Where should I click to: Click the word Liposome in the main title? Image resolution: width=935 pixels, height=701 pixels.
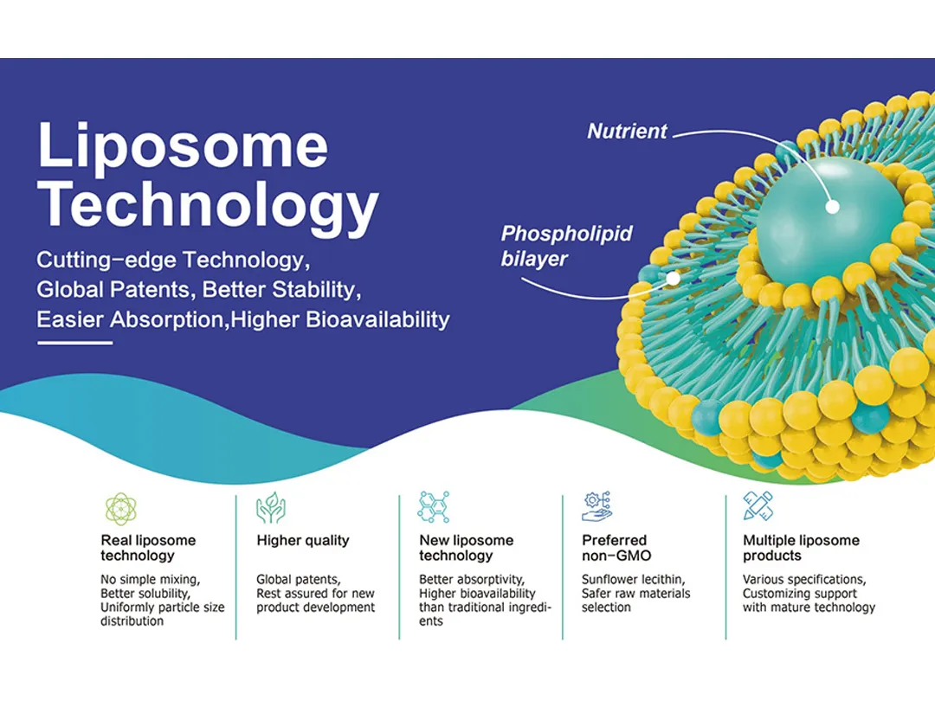183,146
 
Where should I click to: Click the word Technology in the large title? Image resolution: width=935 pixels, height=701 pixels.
208,206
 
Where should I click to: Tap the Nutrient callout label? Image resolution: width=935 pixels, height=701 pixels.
627,132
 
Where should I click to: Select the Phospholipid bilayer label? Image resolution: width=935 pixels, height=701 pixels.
566,246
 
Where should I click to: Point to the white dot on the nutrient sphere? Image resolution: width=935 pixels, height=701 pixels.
833,207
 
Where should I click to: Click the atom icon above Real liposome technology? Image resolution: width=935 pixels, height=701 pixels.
121,509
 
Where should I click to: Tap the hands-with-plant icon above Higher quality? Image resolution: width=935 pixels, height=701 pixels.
271,508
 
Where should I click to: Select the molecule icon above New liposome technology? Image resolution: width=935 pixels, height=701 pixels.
433,507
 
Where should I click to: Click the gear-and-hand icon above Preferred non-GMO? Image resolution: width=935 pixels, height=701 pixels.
596,506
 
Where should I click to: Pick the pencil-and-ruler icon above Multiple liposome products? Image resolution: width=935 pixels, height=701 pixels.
758,506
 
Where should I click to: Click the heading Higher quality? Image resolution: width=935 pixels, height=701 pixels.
303,541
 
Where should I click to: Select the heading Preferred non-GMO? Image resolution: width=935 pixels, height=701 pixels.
616,548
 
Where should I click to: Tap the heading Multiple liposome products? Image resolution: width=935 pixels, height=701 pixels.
801,548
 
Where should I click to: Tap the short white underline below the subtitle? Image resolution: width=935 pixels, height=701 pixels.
74,343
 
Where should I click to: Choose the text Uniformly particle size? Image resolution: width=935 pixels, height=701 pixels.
162,608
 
